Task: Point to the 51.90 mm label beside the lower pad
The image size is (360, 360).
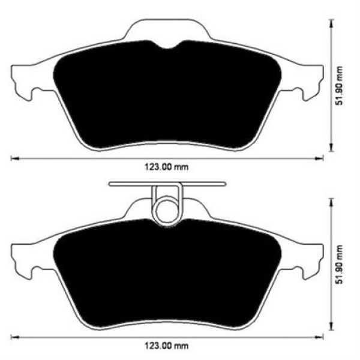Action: coord(341,265)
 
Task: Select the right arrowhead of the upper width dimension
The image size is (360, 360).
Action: coord(320,158)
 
